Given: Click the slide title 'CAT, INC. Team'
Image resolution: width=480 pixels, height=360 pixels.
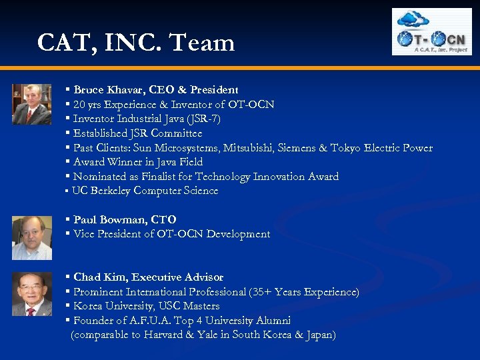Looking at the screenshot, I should pyautogui.click(x=136, y=43).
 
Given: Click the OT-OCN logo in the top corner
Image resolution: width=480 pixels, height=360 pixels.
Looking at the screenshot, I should pyautogui.click(x=431, y=32).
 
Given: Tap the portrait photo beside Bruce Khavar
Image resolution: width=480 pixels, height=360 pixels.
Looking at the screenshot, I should pyautogui.click(x=31, y=104).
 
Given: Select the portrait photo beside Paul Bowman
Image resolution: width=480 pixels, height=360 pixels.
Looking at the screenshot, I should pyautogui.click(x=31, y=237).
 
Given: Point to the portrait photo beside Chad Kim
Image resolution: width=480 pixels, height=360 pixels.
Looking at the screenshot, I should pyautogui.click(x=31, y=294).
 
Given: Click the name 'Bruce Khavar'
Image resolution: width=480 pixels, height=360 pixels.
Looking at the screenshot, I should pyautogui.click(x=105, y=89).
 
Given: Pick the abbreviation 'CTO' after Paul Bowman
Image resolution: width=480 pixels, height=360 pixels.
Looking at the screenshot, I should pyautogui.click(x=163, y=219).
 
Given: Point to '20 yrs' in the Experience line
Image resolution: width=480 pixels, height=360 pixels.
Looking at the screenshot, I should pyautogui.click(x=87, y=104).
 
